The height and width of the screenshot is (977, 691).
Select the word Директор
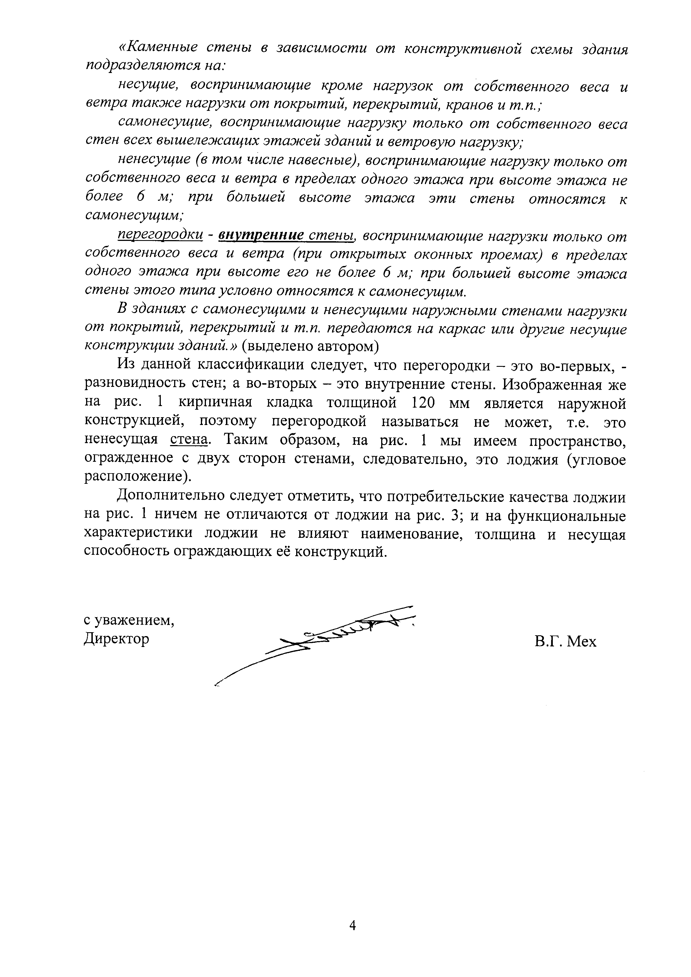point(117,639)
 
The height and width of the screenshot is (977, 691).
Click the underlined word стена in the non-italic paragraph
point(188,439)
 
